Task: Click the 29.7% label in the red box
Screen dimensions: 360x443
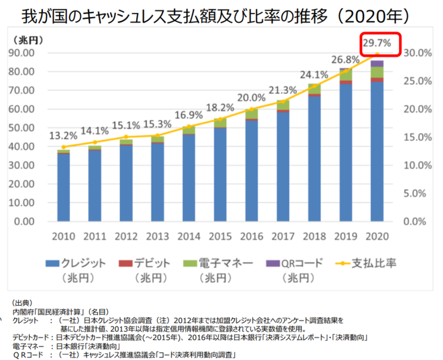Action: click(x=376, y=43)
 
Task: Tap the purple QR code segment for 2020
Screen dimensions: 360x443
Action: click(x=377, y=64)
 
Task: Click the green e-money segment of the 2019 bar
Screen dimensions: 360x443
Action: click(x=346, y=75)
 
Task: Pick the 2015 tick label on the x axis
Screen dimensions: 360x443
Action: click(x=220, y=236)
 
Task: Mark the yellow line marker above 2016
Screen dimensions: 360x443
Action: click(x=252, y=109)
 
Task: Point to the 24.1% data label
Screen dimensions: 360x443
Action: click(x=315, y=74)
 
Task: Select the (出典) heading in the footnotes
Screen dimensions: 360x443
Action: click(x=22, y=303)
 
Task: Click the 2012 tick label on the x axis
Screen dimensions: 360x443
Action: click(x=126, y=236)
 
